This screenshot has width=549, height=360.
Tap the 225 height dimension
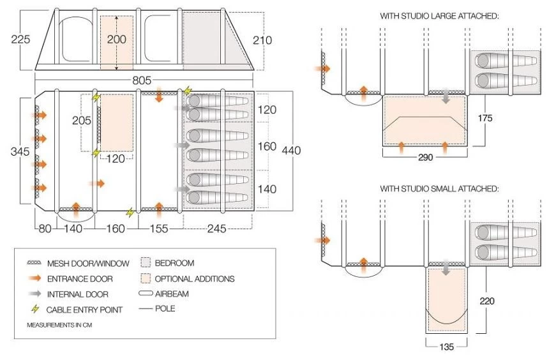tap(20, 40)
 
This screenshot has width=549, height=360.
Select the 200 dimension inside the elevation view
tap(116, 39)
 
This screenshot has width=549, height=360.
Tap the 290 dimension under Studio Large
tap(424, 157)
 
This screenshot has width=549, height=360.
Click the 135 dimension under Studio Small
tap(446, 348)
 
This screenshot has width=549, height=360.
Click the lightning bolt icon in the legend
tap(36, 309)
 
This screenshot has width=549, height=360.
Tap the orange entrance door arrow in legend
tap(36, 278)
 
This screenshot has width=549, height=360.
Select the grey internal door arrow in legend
tap(36, 294)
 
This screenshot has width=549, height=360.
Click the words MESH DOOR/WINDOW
tap(89, 263)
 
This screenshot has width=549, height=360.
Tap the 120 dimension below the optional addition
tap(116, 159)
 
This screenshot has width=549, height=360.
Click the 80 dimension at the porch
tap(43, 229)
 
